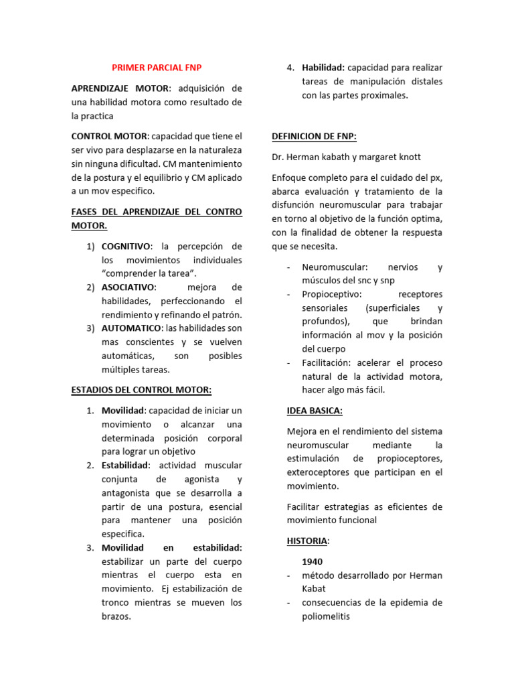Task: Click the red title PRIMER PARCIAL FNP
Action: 156,68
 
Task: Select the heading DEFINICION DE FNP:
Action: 314,136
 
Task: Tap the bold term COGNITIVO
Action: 126,246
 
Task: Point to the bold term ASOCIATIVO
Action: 127,287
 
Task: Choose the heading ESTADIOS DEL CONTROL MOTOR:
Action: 141,390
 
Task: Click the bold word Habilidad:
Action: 323,68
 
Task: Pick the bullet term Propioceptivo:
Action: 332,294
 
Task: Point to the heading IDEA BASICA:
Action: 315,411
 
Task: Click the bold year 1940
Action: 313,561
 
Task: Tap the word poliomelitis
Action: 325,616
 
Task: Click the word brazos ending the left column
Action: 114,616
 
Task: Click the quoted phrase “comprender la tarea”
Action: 149,273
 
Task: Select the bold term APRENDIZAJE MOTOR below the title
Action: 120,88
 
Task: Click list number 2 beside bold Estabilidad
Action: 90,465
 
